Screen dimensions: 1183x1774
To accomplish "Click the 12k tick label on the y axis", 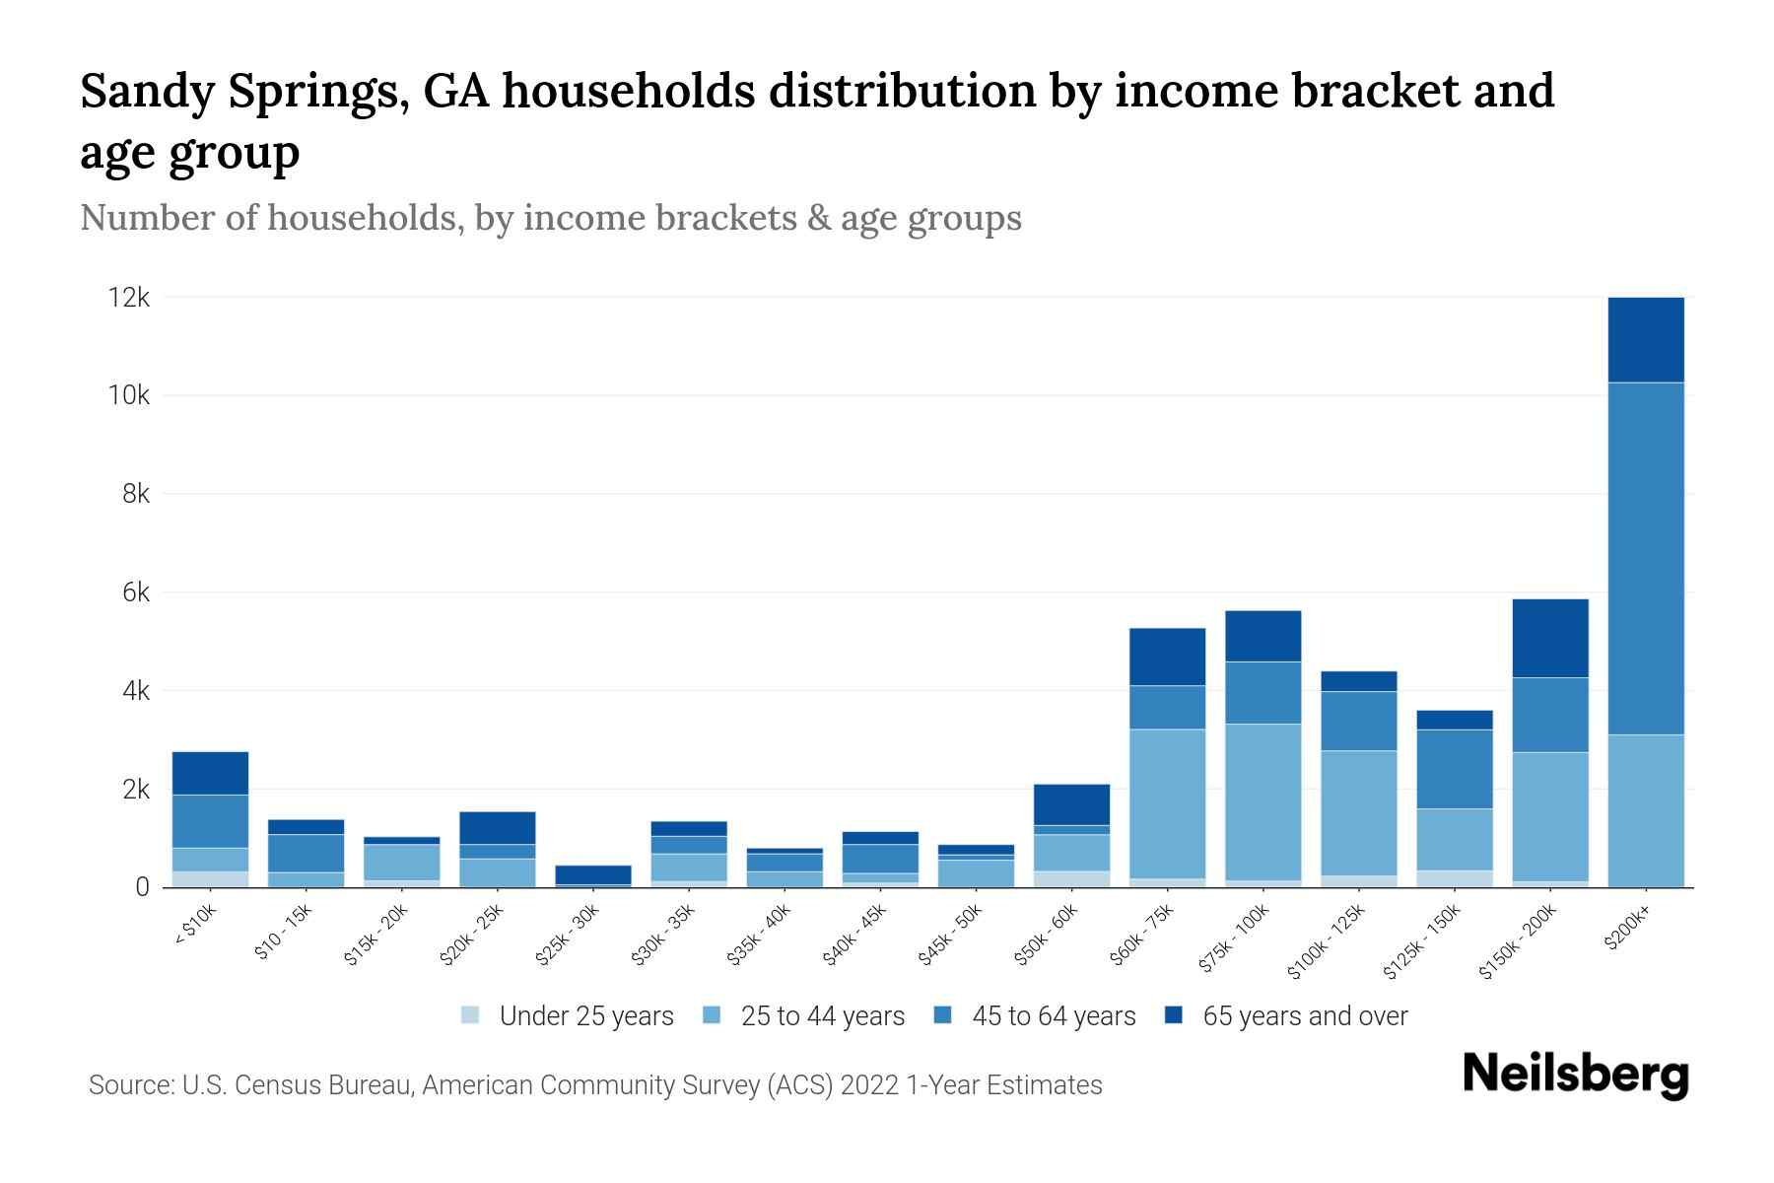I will [128, 297].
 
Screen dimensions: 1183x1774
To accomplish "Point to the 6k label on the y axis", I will [135, 592].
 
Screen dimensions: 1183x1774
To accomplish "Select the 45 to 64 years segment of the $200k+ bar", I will [1646, 558].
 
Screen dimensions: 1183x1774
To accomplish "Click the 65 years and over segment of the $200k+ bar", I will [1646, 339].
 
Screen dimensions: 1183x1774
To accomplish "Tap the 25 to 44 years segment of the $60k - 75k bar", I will [1167, 803].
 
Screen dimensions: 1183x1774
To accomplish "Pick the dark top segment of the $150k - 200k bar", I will [1550, 638].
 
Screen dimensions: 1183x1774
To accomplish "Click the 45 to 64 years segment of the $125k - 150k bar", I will [1455, 769].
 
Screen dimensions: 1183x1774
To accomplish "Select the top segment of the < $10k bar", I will [210, 773].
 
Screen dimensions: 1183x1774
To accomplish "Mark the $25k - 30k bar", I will [593, 874].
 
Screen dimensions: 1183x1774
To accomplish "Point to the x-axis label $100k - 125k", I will [1327, 940].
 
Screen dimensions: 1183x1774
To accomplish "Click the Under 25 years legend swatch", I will [471, 1015].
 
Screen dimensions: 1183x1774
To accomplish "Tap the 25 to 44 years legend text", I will [822, 1015].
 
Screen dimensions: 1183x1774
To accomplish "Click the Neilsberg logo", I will [1575, 1075].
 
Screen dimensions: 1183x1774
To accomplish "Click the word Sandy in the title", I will [149, 91].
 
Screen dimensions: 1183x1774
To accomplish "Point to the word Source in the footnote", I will [130, 1085].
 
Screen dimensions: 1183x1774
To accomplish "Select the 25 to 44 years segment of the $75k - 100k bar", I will [1262, 801].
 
